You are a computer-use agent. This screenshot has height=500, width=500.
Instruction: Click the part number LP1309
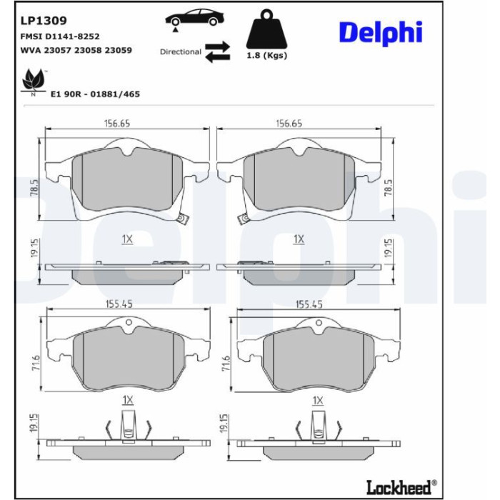[44, 21]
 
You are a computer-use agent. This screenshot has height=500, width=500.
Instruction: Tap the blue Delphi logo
[381, 32]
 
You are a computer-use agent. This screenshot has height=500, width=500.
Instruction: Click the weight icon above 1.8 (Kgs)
[266, 29]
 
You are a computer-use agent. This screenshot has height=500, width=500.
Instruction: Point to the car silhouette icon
[194, 18]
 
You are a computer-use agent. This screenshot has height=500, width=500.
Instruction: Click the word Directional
[181, 52]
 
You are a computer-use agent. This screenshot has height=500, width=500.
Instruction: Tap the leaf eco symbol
[33, 80]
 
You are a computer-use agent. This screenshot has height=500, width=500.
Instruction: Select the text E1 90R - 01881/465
[95, 94]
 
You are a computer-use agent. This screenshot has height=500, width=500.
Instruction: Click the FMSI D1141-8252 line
[60, 36]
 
